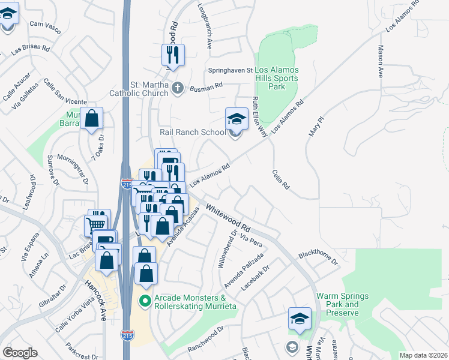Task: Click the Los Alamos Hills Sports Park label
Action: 277,78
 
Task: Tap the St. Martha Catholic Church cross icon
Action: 176,89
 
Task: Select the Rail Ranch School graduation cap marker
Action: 237,119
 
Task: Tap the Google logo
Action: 20,353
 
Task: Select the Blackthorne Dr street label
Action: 318,257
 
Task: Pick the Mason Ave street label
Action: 380,62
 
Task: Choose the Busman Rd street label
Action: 206,88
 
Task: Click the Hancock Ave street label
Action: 95,299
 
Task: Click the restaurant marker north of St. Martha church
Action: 173,55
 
